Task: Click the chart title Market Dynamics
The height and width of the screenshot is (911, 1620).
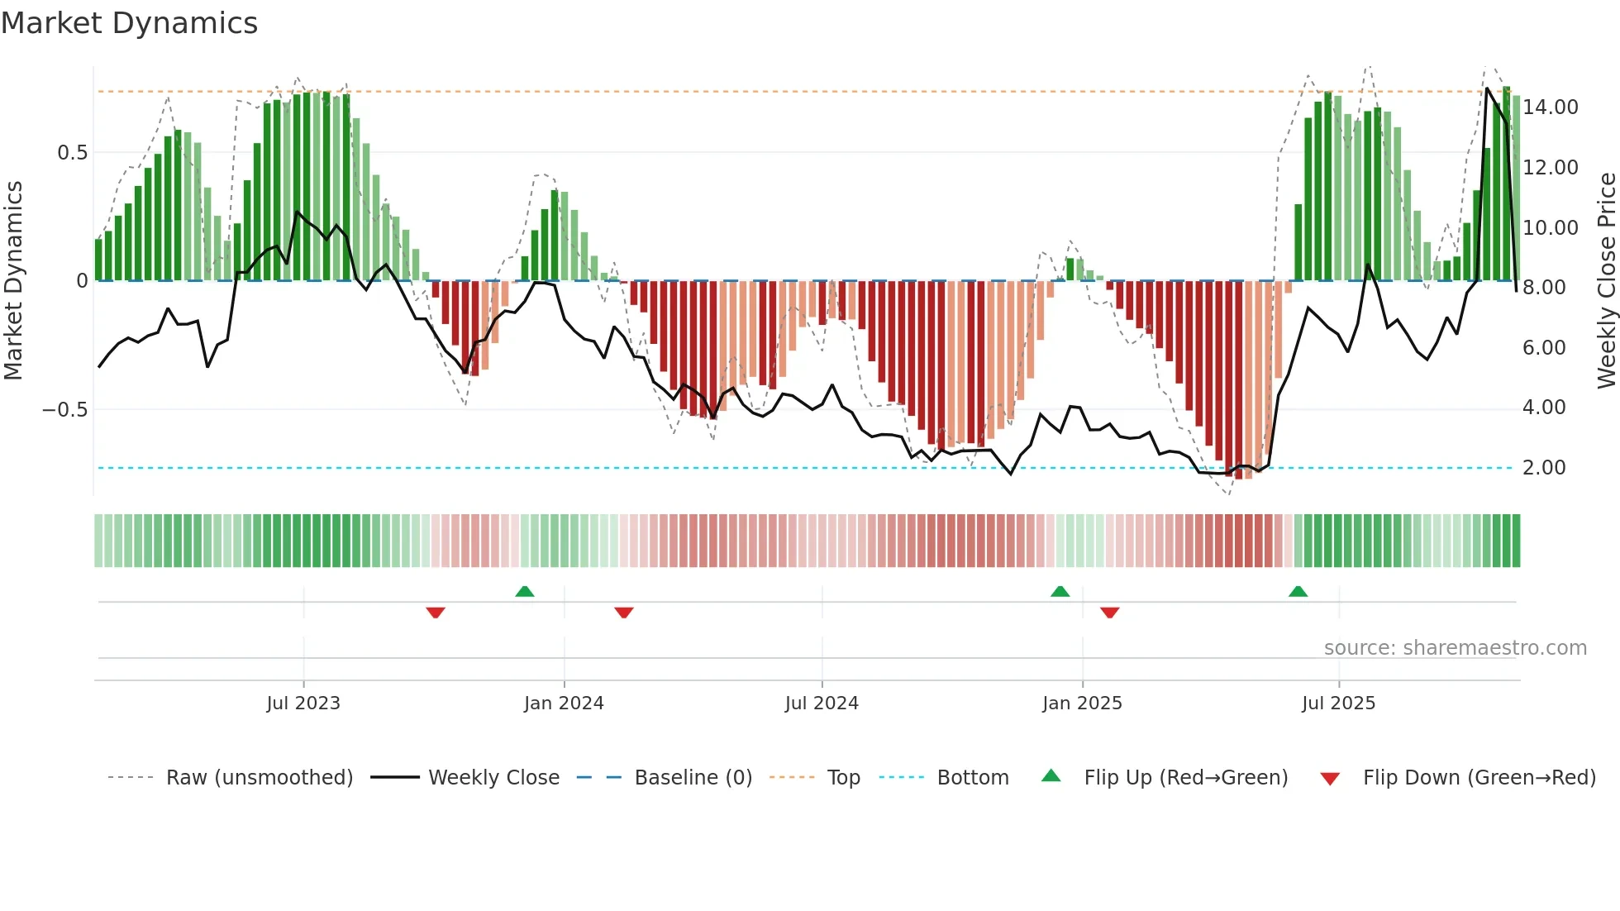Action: click(x=130, y=23)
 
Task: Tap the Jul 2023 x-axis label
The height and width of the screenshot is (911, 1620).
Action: click(x=303, y=704)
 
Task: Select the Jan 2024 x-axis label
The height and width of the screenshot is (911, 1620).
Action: click(x=564, y=704)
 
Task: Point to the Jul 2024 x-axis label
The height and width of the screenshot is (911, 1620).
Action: click(x=822, y=704)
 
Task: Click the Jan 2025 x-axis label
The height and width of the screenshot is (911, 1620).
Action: click(x=1082, y=704)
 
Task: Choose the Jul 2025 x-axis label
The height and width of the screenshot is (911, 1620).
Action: click(x=1338, y=704)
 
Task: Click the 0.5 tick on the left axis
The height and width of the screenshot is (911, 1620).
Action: click(x=73, y=153)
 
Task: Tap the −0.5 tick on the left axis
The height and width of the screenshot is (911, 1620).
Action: click(x=65, y=410)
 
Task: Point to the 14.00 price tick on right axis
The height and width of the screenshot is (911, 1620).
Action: click(x=1551, y=107)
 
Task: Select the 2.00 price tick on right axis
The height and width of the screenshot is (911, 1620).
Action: click(x=1544, y=468)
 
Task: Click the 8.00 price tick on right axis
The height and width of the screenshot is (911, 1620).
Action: click(x=1544, y=288)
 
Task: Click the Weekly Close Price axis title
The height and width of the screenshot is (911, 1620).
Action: click(x=1606, y=281)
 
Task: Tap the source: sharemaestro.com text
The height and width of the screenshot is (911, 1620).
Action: click(x=1455, y=648)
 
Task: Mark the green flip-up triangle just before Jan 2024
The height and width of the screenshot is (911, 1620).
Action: click(x=525, y=591)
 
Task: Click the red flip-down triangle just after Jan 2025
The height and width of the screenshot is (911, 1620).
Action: click(x=1110, y=613)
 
